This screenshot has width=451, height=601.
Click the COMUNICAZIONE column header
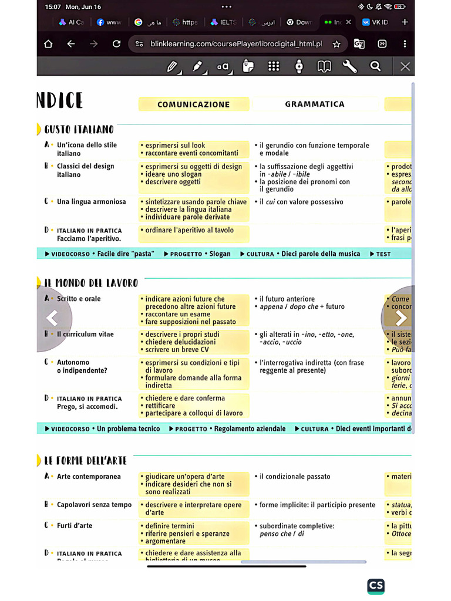coord(194,104)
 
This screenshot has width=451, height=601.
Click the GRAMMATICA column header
coord(315,104)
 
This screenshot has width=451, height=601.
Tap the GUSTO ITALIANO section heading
coord(79,129)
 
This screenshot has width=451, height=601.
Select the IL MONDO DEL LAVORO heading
coord(91,283)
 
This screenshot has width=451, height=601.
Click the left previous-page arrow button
coord(52,319)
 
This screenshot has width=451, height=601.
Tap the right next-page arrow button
coord(400,319)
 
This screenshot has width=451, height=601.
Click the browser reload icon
coord(116,44)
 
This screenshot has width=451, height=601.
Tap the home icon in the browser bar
coord(48,44)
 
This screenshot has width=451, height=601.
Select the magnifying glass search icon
coord(375,66)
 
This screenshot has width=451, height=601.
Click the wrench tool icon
coord(349,66)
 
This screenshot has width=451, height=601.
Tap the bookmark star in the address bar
coord(336,44)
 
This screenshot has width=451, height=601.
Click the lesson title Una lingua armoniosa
coord(91,202)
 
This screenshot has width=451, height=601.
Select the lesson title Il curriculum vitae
coord(85,335)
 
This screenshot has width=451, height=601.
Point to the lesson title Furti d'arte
coord(75,526)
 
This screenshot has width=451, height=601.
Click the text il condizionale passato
coord(295,477)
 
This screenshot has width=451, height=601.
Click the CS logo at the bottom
coord(376,586)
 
